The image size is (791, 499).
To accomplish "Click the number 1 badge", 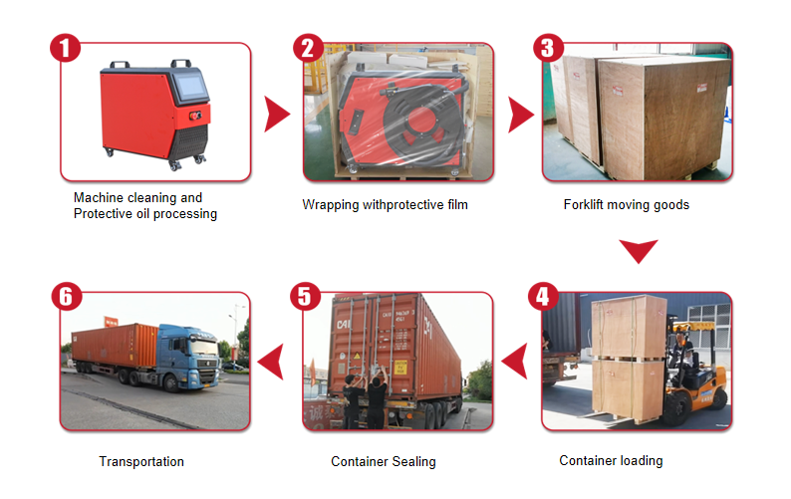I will pyautogui.click(x=65, y=48).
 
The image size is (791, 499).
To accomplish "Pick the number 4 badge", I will pyautogui.click(x=542, y=297).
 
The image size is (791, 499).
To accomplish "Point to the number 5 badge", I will pyautogui.click(x=304, y=297).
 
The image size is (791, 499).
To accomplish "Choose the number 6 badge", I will pyautogui.click(x=65, y=297).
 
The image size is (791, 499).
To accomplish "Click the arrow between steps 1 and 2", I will pyautogui.click(x=275, y=116).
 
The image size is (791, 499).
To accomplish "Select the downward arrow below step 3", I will pyautogui.click(x=638, y=251).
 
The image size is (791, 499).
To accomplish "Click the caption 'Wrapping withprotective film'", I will pyautogui.click(x=385, y=205).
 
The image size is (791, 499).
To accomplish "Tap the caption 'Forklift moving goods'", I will pyautogui.click(x=626, y=205).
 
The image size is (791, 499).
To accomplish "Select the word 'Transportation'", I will pyautogui.click(x=141, y=462).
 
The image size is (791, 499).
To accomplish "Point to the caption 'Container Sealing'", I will pyautogui.click(x=384, y=462).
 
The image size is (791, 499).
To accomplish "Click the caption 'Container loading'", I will pyautogui.click(x=611, y=461).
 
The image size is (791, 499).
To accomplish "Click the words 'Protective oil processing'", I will pyautogui.click(x=145, y=214).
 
